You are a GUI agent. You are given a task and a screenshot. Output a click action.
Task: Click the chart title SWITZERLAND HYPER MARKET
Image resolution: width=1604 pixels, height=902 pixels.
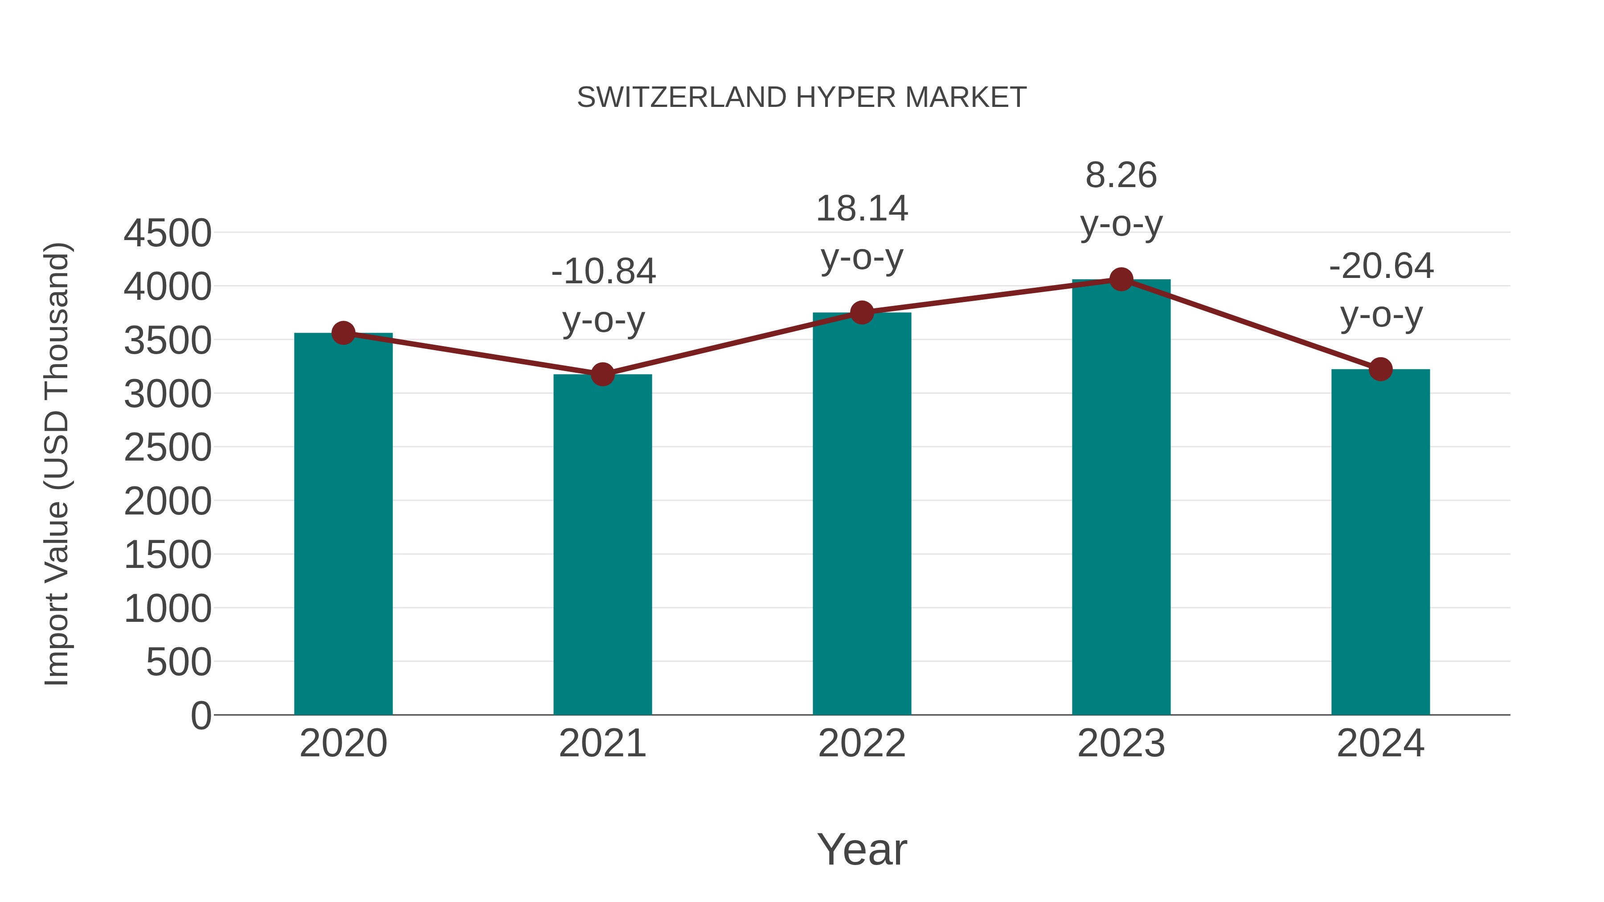(802, 98)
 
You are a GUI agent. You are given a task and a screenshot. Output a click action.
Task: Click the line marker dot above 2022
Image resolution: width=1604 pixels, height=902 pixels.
(862, 313)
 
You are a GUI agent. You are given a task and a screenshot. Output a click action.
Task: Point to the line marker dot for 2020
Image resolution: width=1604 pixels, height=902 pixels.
(343, 333)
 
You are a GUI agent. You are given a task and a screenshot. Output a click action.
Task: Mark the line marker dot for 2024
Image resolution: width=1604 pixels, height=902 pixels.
(1380, 369)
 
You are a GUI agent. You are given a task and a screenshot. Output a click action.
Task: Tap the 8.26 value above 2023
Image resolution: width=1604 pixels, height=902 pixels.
(1121, 176)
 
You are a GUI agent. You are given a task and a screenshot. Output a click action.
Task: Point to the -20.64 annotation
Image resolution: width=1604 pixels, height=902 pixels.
(1381, 266)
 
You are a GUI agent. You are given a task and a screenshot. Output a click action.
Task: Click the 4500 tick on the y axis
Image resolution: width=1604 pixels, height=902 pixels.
(168, 233)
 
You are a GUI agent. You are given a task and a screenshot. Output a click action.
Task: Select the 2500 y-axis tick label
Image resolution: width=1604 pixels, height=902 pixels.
(168, 448)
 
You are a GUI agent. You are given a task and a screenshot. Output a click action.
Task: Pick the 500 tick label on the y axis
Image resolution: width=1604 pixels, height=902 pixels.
(179, 662)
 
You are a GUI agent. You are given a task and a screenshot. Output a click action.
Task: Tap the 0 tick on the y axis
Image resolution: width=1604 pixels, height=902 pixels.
(201, 715)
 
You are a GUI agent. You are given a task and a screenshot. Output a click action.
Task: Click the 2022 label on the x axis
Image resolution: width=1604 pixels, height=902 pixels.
(862, 743)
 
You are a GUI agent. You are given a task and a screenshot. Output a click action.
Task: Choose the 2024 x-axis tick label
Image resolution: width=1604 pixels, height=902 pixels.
(1380, 743)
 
